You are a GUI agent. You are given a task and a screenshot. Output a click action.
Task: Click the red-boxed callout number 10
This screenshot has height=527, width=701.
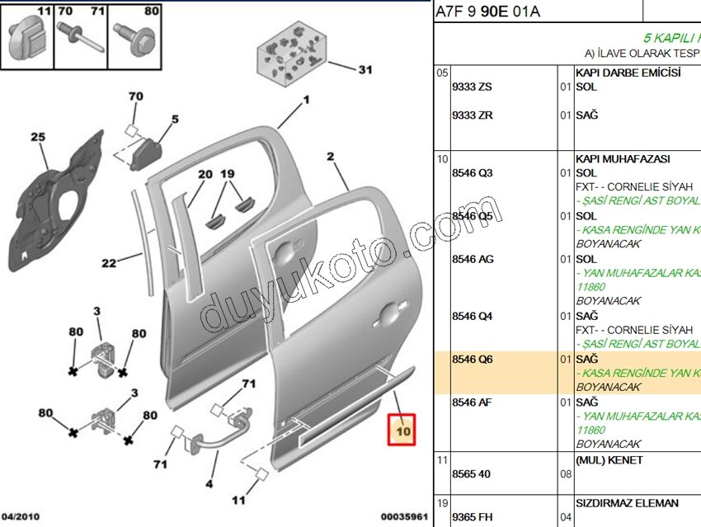coord(402,431)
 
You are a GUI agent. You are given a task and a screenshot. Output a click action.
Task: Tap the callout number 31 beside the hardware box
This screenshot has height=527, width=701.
coord(365,70)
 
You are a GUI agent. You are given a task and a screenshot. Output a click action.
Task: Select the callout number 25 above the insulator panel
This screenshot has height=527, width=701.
coord(39,137)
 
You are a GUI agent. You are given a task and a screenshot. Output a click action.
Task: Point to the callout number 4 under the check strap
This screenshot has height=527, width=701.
coord(209,484)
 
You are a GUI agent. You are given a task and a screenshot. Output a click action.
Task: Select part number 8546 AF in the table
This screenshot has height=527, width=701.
coord(473,402)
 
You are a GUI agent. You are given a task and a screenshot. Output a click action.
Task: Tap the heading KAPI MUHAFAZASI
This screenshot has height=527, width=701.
coord(623,158)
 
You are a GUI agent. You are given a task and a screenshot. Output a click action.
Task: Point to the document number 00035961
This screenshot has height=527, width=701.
coord(404,517)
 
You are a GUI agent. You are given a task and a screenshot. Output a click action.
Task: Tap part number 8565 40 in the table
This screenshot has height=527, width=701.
coord(471,475)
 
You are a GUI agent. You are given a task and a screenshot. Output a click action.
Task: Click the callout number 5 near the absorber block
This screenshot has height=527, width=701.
coord(175,120)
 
